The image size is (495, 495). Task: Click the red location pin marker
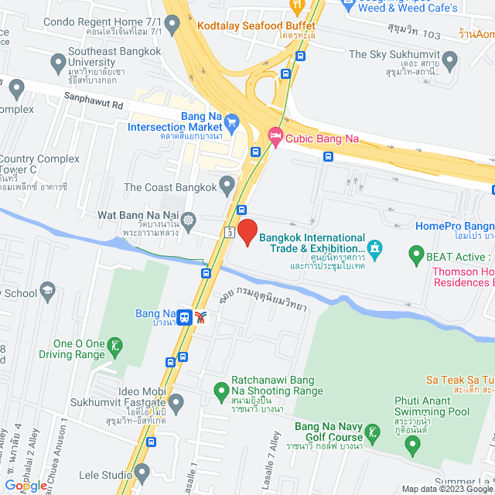pos(247,232)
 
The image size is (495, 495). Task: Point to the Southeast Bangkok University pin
pos(58,61)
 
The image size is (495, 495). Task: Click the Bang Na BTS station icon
pos(186,316)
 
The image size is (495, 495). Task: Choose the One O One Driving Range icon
pos(115,344)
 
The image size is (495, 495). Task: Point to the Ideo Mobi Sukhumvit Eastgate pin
pos(176,402)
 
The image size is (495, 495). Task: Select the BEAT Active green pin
pos(415,254)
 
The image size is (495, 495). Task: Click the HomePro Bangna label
pos(454,226)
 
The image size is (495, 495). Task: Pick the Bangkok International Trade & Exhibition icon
pos(374,249)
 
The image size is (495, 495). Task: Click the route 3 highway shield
pos(230,231)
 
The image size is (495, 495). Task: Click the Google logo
pos(26,485)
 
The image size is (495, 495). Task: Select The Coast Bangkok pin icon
pos(227,185)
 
